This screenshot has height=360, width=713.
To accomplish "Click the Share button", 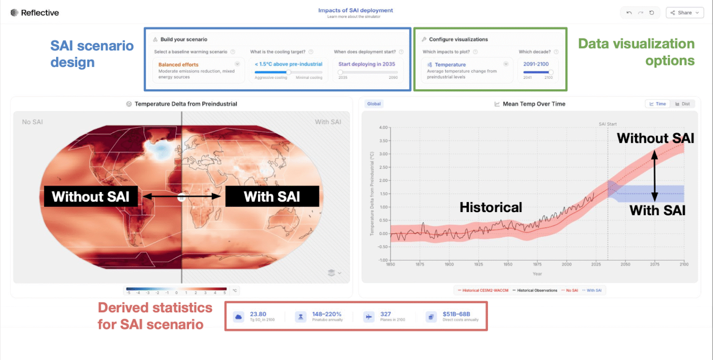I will click(x=685, y=13).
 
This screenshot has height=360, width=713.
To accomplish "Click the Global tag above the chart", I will click(x=374, y=104).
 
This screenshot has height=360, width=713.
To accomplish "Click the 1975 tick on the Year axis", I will click(x=538, y=265).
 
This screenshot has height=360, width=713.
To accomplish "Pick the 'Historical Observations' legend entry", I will click(x=535, y=291).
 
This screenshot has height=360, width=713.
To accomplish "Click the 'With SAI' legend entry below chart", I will click(x=593, y=291).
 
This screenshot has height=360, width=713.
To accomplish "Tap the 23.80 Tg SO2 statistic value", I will click(x=258, y=314).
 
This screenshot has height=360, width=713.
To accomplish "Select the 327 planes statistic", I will click(x=385, y=314).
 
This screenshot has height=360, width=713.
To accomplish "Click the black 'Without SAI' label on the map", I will click(x=91, y=196).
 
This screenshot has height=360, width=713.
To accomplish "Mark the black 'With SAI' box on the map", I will click(x=272, y=196).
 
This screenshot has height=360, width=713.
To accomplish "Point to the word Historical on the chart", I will click(x=491, y=207).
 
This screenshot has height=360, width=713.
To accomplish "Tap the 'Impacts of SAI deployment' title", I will click(x=356, y=10).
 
